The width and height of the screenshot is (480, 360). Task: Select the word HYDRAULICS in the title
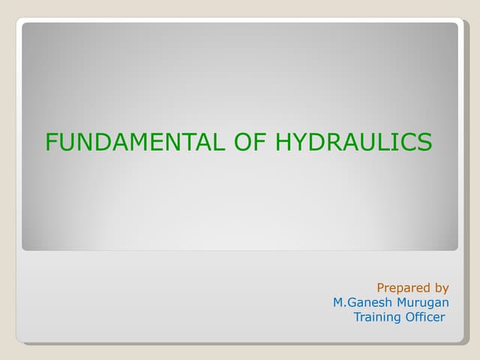354,142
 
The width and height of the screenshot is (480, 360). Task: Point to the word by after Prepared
441,287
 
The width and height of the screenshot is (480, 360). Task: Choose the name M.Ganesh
363,302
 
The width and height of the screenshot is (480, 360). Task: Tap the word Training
377,316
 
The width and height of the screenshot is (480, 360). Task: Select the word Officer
425,316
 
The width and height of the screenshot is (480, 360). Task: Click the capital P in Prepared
380,287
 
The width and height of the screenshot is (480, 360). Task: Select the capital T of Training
357,316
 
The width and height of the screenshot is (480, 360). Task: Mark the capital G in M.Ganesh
349,302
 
